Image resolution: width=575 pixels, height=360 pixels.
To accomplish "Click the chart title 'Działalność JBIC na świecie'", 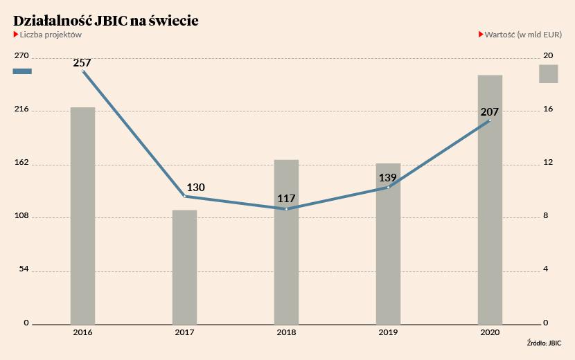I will (x=106, y=21).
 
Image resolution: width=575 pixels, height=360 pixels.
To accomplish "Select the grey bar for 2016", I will (x=82, y=215).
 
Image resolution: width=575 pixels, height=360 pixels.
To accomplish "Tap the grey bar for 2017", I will (x=184, y=267).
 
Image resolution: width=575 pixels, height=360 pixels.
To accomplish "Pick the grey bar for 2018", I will (x=286, y=242).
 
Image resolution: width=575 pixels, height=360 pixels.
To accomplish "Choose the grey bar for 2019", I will (x=388, y=244).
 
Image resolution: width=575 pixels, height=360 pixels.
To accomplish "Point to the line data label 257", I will (x=82, y=63).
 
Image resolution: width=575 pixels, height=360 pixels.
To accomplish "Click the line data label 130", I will (x=195, y=187).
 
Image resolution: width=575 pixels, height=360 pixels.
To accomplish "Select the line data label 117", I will (x=286, y=198).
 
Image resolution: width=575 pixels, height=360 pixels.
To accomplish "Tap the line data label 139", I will (x=388, y=177).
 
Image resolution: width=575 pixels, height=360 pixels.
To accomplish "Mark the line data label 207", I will (x=489, y=111).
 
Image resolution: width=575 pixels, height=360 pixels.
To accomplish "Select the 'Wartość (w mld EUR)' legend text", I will (x=523, y=35).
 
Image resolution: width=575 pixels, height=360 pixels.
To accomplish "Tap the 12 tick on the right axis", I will (x=548, y=162).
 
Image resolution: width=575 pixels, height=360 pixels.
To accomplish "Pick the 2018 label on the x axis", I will (x=286, y=333).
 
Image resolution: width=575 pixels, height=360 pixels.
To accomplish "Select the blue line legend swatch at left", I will (x=22, y=71).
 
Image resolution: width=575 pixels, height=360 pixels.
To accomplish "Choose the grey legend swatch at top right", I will (x=549, y=73).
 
